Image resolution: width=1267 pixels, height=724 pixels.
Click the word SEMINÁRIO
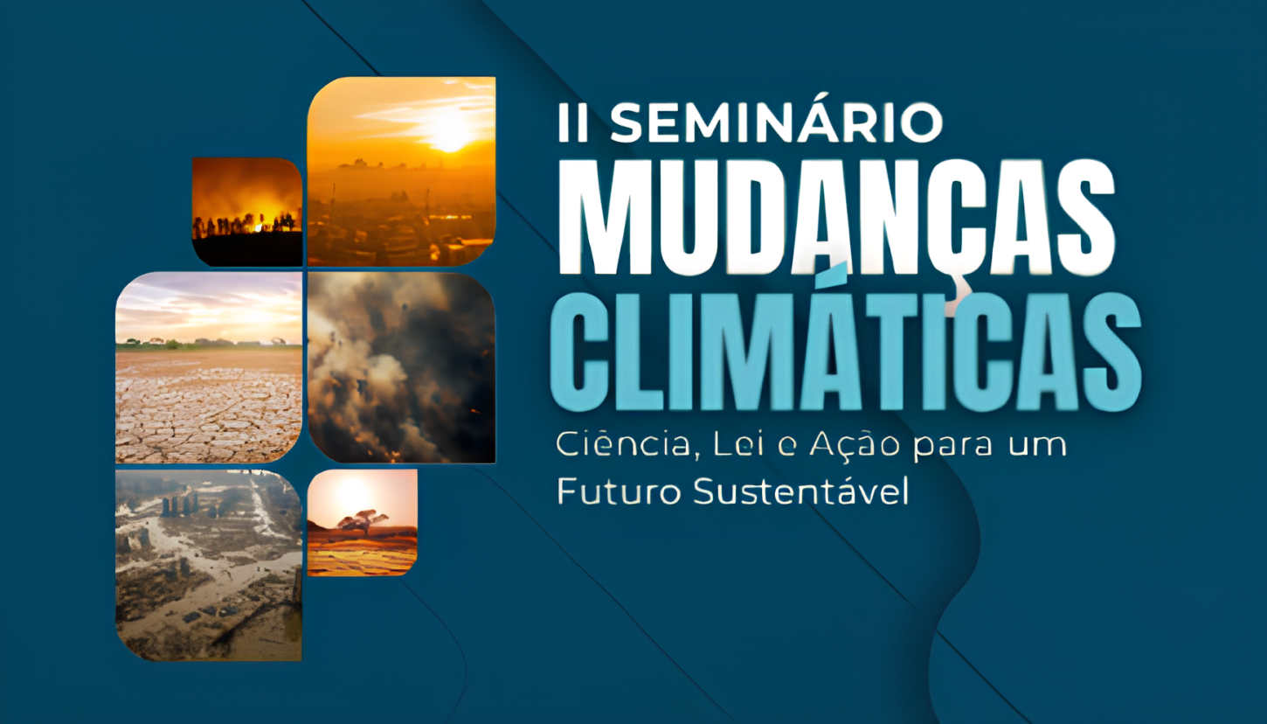(776, 123)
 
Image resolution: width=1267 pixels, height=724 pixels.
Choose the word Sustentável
(801, 492)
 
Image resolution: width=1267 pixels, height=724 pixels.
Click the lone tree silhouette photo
(362, 522)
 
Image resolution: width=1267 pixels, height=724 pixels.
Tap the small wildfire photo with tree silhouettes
(246, 211)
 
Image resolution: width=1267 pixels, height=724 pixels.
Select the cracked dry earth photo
(209, 367)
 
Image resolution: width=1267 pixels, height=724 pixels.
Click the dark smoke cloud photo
(401, 367)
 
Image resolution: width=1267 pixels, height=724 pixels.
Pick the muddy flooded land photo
(209, 565)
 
